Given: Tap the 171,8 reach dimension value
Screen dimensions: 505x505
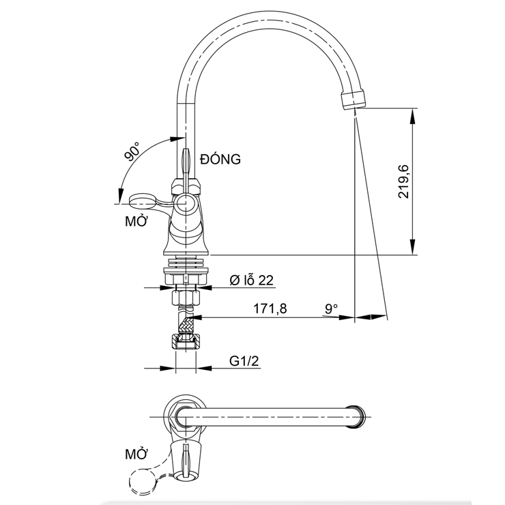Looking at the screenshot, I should (x=270, y=308).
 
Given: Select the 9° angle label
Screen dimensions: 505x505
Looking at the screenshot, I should (x=332, y=308).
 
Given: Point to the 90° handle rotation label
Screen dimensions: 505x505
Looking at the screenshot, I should (x=132, y=152).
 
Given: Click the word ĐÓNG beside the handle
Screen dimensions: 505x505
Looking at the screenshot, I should (x=220, y=160).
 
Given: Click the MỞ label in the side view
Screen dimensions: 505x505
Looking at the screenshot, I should (x=135, y=222).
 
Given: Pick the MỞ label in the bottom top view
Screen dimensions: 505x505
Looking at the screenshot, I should (x=136, y=453).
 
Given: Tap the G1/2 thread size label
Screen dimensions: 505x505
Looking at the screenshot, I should (x=243, y=362).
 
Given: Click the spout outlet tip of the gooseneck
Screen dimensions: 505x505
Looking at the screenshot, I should (x=351, y=102).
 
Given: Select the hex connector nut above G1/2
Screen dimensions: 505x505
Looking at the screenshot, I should (x=184, y=343).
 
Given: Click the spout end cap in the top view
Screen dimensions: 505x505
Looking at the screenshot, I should (x=355, y=416).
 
